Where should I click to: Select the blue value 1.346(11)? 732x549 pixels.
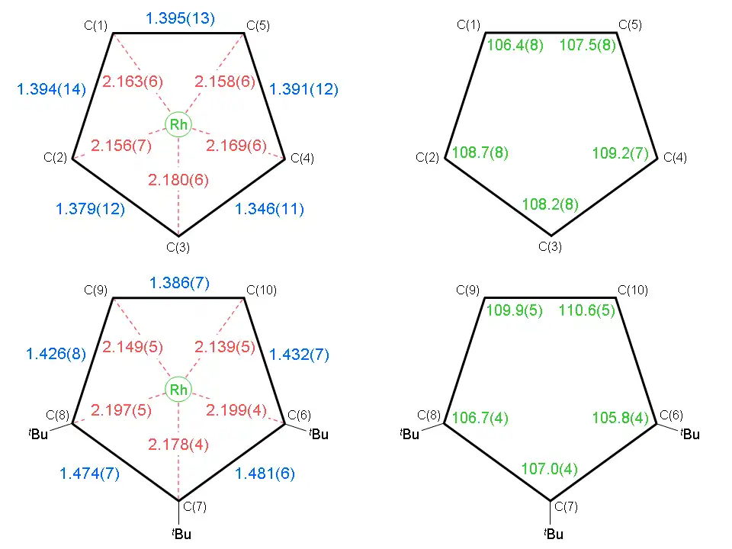point(269,209)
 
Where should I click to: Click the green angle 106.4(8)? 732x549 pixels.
point(515,45)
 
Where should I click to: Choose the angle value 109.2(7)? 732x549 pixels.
point(620,153)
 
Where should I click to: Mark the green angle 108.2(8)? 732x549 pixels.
point(551,204)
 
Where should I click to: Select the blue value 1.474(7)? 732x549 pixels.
point(90,474)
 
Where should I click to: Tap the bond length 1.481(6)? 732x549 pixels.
point(265,474)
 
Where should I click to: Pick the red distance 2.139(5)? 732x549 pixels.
point(223,348)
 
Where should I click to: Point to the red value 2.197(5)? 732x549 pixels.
point(121,411)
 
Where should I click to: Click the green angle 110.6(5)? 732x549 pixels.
point(587,310)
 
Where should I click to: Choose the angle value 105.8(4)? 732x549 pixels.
point(620,418)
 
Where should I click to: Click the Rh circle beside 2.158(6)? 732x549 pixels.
point(178,125)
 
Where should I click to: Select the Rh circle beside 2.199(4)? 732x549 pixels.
point(178,390)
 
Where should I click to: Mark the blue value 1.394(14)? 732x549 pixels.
point(52,90)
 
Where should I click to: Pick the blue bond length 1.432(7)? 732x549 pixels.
point(299,355)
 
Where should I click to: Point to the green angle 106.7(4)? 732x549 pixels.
point(480,418)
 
